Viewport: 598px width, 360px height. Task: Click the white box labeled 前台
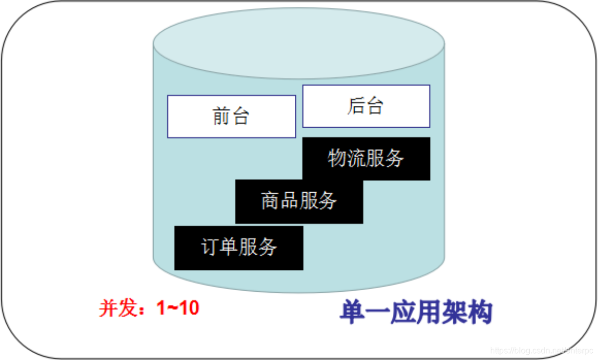click(x=231, y=117)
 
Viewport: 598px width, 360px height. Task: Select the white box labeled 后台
click(x=366, y=106)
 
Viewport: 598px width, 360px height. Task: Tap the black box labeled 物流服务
click(x=366, y=158)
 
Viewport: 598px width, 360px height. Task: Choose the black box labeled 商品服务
click(x=299, y=201)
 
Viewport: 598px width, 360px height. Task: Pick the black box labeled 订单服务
click(x=239, y=247)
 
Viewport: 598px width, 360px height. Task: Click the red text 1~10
click(x=178, y=308)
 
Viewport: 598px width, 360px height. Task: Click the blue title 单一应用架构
click(x=416, y=313)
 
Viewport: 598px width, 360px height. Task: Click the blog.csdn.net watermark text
click(x=542, y=351)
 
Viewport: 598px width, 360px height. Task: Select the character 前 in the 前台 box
click(x=221, y=117)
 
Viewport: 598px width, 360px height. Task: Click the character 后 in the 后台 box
click(x=356, y=106)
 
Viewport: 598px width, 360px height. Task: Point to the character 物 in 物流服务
click(x=337, y=158)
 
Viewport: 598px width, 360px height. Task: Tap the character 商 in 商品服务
click(x=270, y=201)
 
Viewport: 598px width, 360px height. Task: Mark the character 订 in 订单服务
click(x=210, y=247)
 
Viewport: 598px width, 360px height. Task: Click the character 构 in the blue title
click(x=480, y=313)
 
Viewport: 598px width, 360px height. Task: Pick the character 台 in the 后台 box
click(x=375, y=106)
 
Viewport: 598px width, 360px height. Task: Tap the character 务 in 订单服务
click(x=267, y=247)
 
